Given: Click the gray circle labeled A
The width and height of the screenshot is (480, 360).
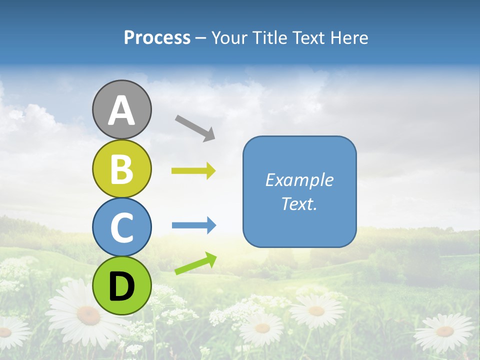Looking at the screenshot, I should [x=121, y=109].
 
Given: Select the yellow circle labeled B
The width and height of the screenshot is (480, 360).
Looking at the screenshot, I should [x=121, y=168].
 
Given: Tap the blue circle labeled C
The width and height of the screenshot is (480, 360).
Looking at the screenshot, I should [x=121, y=227].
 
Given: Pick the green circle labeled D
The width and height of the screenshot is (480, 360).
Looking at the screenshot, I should [x=121, y=285].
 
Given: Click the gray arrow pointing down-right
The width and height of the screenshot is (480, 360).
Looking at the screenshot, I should [x=195, y=128].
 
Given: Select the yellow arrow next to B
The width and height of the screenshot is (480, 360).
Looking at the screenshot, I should [x=193, y=171].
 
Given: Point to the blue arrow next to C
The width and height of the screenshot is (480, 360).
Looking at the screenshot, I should [x=193, y=225].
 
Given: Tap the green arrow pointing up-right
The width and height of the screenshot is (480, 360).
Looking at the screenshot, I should [x=195, y=263].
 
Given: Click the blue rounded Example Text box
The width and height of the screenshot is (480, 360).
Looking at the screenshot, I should [x=299, y=191].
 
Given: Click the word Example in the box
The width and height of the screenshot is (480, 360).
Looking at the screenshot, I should [x=299, y=180].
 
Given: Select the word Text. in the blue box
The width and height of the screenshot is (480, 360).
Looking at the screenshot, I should [x=299, y=203].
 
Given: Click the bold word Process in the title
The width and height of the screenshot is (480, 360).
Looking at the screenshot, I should [x=157, y=37].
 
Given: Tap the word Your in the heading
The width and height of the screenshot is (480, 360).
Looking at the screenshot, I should [x=226, y=37].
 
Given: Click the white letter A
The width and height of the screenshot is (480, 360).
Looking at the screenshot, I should [x=121, y=110].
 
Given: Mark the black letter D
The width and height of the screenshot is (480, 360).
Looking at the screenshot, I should [x=121, y=286].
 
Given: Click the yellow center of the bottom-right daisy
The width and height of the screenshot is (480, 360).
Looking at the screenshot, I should [x=444, y=331].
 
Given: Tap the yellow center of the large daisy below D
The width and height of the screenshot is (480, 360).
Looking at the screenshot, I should [x=88, y=315].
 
